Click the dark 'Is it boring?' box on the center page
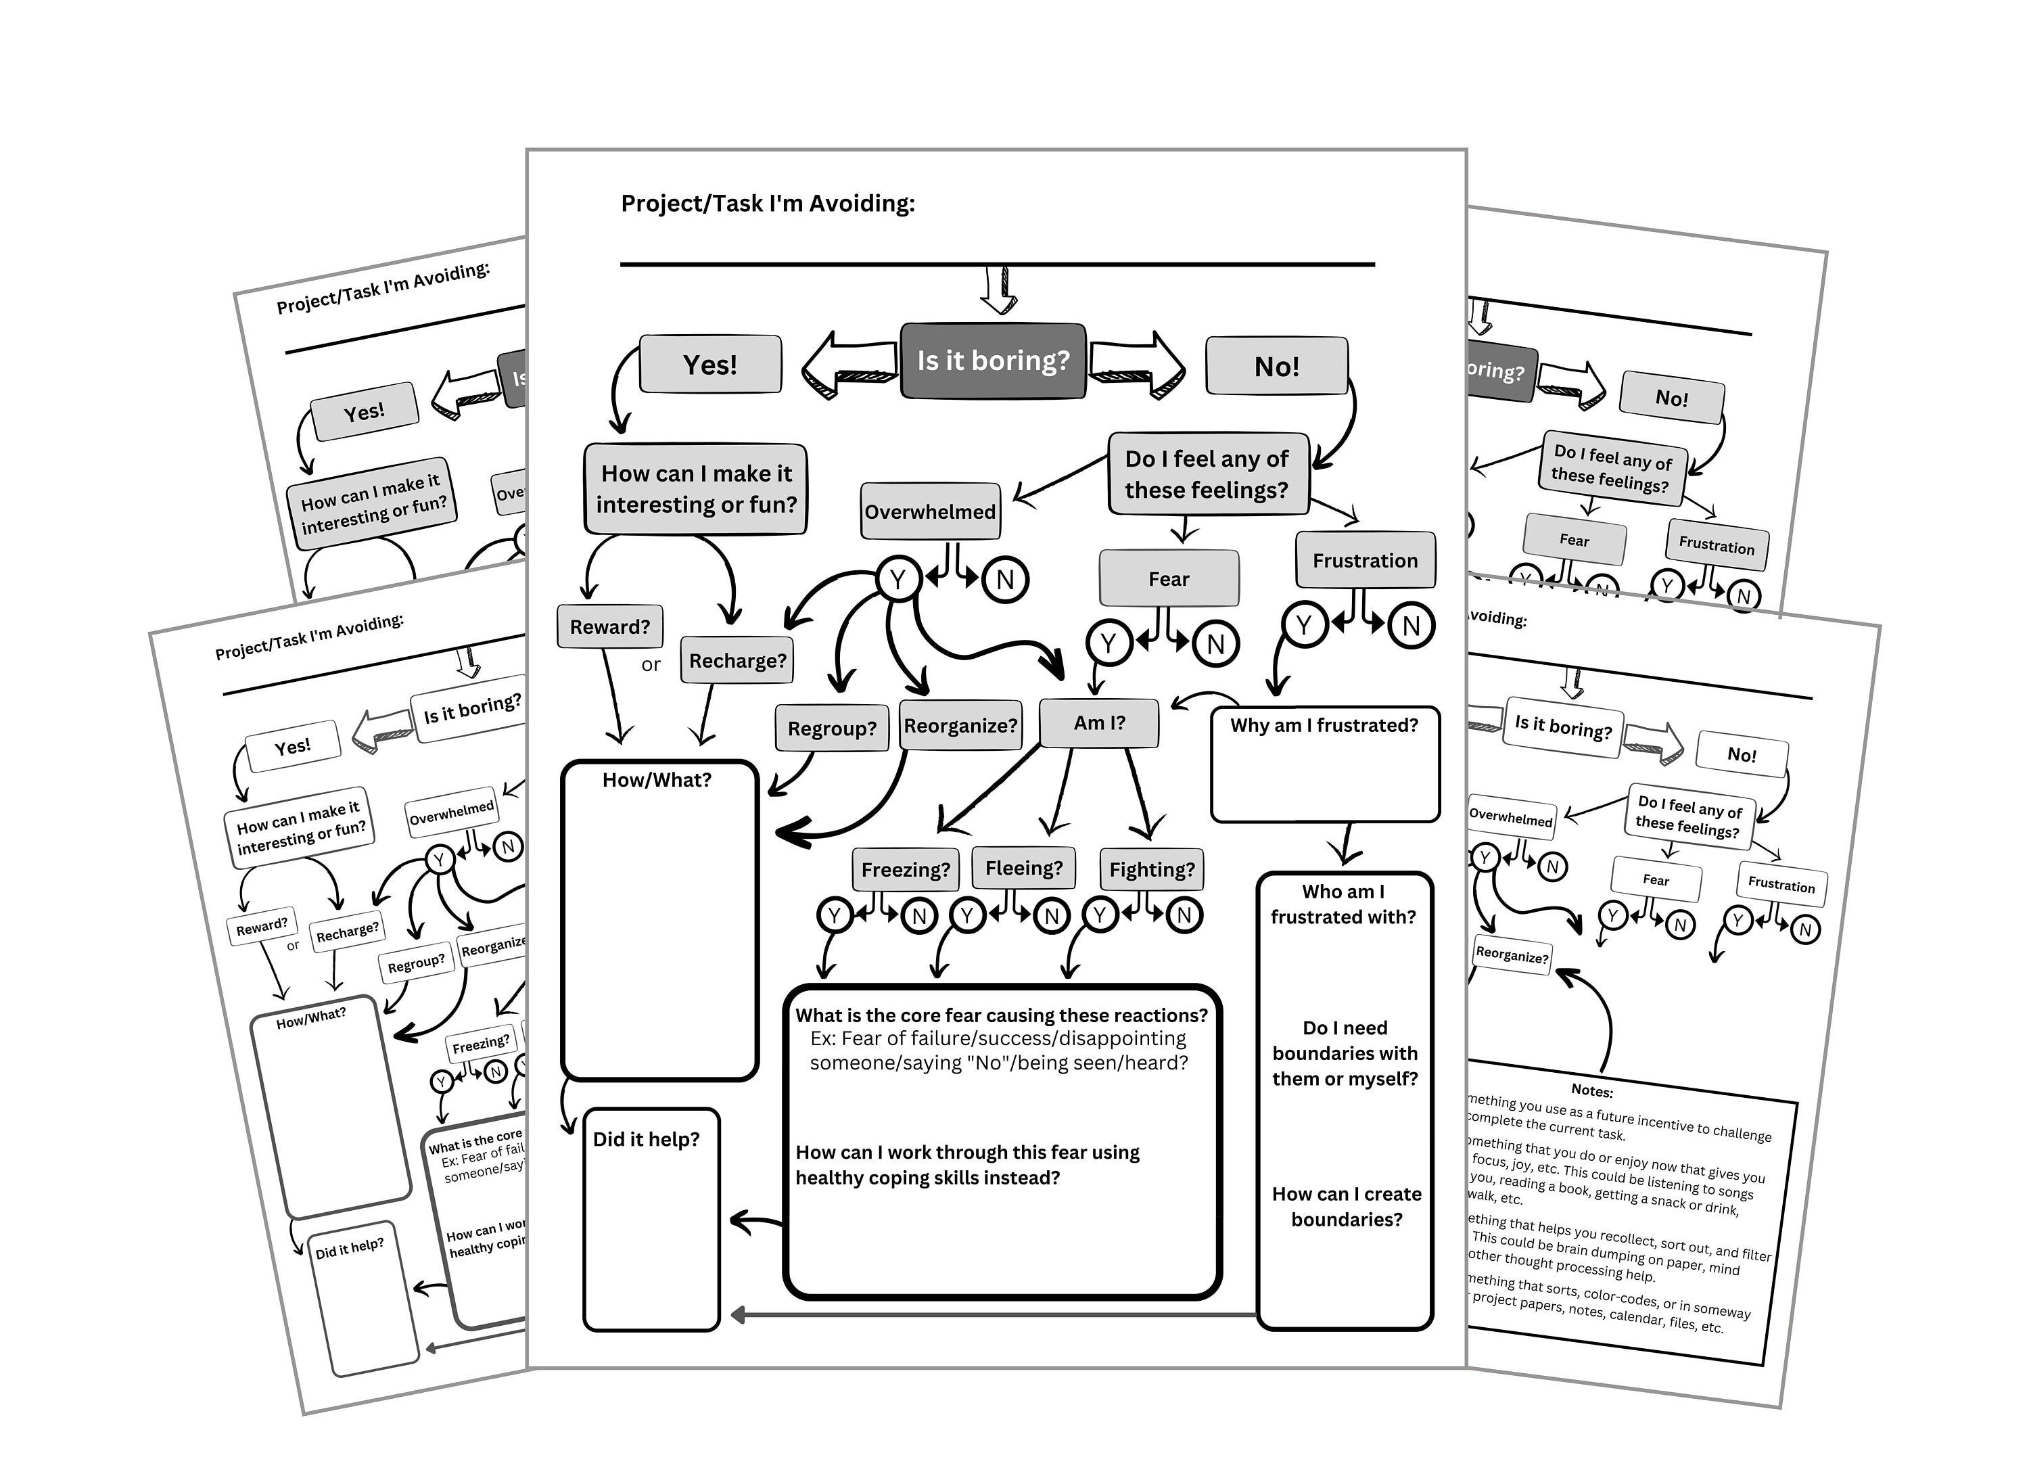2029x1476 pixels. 992,361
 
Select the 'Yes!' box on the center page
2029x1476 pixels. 710,364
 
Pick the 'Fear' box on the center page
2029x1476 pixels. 1169,579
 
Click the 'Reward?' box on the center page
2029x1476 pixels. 609,626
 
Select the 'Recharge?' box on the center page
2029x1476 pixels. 737,660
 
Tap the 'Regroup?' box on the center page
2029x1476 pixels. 831,728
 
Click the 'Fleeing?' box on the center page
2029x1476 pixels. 1023,868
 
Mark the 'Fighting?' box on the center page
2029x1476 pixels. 1151,869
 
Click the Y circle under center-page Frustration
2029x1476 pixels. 1303,624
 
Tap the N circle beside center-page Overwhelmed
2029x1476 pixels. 1004,580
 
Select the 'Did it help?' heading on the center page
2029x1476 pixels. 646,1138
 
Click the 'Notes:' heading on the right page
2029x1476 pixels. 1591,1090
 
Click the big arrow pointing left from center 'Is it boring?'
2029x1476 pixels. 850,365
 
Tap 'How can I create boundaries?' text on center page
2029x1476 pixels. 1347,1207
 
